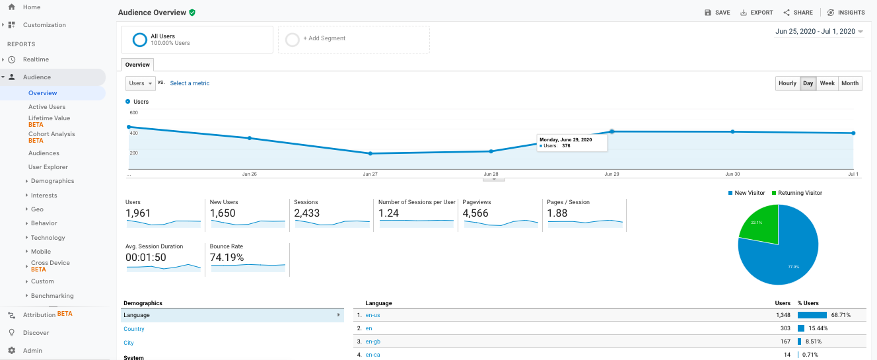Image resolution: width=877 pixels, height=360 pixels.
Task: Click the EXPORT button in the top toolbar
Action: [x=757, y=13]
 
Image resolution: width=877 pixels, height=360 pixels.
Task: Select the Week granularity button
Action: [x=827, y=83]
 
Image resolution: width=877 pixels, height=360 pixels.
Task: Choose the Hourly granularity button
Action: [x=787, y=83]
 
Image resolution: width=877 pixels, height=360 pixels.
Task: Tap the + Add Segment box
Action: [x=353, y=39]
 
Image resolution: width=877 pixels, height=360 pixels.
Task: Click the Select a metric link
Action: [x=190, y=83]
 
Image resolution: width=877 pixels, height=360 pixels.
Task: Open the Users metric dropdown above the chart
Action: [x=140, y=83]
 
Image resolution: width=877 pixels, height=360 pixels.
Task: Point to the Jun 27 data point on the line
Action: [x=370, y=153]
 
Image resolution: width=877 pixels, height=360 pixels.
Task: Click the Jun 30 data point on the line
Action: [x=732, y=131]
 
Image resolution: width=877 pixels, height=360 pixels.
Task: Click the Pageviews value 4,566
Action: [x=475, y=213]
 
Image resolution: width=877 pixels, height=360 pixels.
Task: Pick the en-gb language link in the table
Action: [x=372, y=342]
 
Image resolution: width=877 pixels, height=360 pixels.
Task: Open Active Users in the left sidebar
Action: [x=47, y=107]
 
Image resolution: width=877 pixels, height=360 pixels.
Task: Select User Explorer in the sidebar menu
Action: [x=48, y=167]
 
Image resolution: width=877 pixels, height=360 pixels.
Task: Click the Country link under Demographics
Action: [x=134, y=329]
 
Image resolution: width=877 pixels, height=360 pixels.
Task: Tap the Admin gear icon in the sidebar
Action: [x=12, y=351]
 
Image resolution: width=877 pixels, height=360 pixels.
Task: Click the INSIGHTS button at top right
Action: [x=846, y=13]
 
